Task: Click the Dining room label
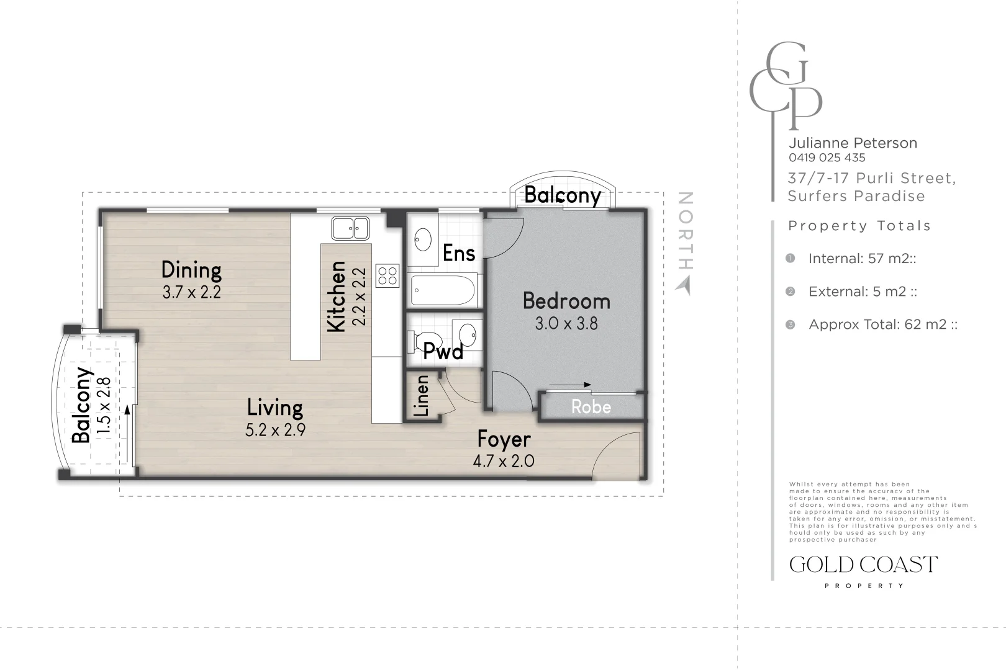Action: coord(191,270)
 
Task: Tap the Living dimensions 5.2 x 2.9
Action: coord(275,430)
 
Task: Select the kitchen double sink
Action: coord(350,228)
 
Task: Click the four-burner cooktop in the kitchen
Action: coord(387,275)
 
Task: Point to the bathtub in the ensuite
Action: coord(443,290)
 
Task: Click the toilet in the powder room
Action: coord(422,341)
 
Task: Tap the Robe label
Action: coord(591,407)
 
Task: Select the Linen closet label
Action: coord(422,396)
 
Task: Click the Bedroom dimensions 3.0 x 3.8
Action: coord(566,324)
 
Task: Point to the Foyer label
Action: coord(504,439)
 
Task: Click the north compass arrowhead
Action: coord(683,286)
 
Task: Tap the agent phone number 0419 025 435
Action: coord(827,158)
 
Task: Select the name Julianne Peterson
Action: coord(853,143)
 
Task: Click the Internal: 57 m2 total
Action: coord(863,259)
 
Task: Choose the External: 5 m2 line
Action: coord(863,292)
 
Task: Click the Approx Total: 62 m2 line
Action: coord(883,324)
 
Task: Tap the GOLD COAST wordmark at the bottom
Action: coord(864,565)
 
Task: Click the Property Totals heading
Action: coord(859,226)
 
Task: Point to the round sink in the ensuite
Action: coord(423,239)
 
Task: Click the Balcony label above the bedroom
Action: coord(562,195)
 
